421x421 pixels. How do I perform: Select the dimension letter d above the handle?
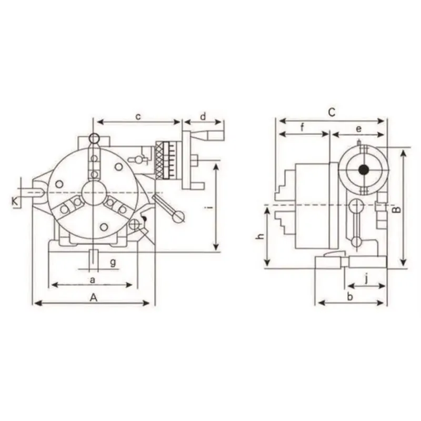(203, 116)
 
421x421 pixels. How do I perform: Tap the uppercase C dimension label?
(332, 112)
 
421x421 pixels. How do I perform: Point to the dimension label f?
(302, 127)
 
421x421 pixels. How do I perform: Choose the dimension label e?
(359, 129)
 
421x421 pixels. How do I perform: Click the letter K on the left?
(15, 201)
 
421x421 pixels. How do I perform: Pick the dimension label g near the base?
(113, 262)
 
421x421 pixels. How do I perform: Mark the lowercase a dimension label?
(93, 280)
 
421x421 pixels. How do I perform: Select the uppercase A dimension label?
(93, 297)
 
